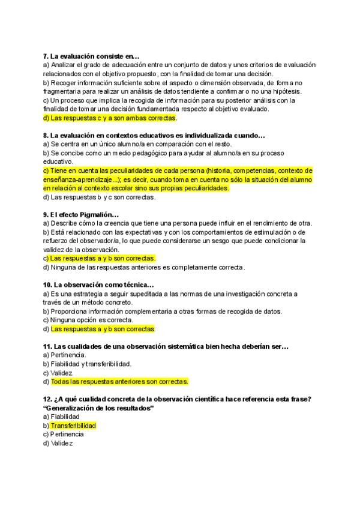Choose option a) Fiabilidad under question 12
(64, 417)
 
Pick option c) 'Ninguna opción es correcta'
(92, 320)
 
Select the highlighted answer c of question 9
(103, 258)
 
